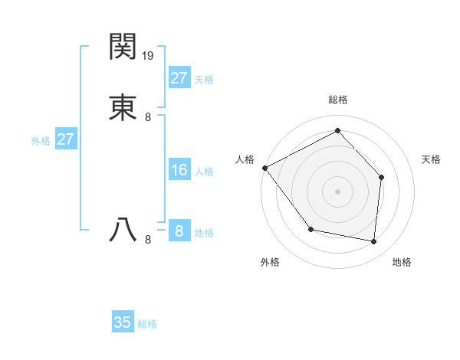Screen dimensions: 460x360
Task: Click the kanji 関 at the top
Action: click(x=123, y=47)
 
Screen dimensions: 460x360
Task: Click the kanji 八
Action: click(x=123, y=229)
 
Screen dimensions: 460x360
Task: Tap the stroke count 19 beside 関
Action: click(x=148, y=55)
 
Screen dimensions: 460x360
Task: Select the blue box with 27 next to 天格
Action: click(x=179, y=77)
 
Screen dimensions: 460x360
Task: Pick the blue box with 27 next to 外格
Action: click(x=65, y=139)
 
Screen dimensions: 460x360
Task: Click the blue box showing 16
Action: click(x=179, y=170)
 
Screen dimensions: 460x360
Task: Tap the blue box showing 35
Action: click(x=122, y=322)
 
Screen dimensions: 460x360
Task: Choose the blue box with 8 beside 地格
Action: click(x=179, y=231)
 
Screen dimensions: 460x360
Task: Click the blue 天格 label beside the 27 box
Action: click(x=204, y=80)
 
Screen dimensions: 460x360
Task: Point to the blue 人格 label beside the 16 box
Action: click(x=204, y=172)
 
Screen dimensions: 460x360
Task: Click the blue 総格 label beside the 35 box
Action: click(x=147, y=324)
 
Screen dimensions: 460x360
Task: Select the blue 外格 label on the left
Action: click(x=41, y=141)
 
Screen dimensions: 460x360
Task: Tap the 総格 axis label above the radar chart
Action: click(x=337, y=100)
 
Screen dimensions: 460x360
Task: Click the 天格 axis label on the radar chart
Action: click(x=431, y=159)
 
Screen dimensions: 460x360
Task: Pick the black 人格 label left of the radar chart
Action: click(x=245, y=159)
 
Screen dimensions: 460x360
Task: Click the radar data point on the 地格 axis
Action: click(x=373, y=241)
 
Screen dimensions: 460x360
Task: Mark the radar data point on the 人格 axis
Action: click(x=264, y=168)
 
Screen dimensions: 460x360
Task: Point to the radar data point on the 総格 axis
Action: click(x=337, y=131)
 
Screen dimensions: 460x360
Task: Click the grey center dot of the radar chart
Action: click(x=337, y=191)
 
